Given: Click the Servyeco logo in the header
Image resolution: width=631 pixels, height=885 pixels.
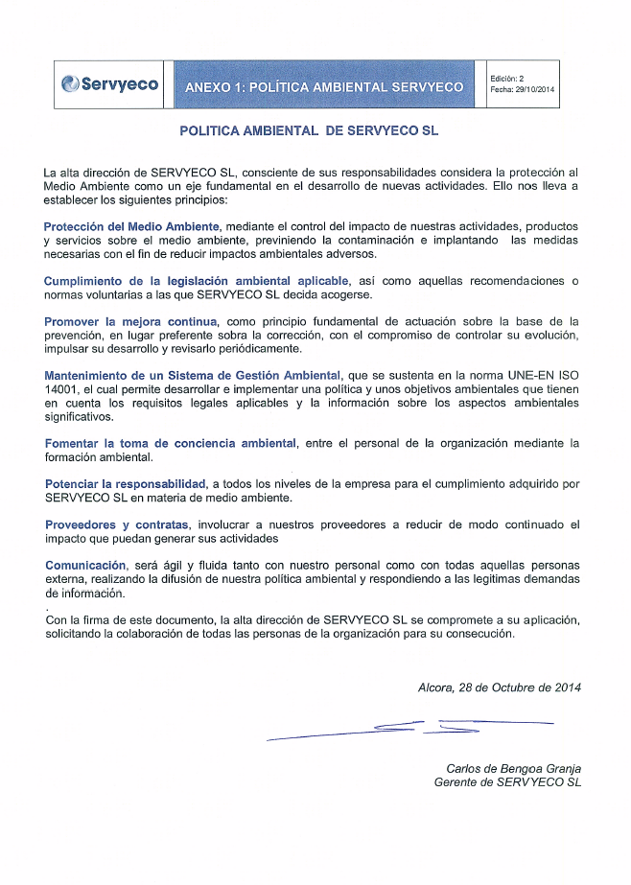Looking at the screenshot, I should [x=110, y=84].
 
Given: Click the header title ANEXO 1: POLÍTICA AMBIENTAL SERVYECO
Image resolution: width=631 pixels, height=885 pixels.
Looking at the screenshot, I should [x=324, y=86].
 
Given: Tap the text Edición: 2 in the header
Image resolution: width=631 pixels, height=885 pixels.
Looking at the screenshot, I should [x=507, y=78].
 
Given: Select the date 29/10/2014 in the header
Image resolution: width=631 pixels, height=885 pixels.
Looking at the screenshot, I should [x=536, y=89].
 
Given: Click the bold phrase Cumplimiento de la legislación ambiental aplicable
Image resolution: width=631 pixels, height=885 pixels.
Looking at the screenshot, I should [x=196, y=280].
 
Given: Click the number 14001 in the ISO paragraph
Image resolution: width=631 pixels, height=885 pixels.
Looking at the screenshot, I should [x=59, y=389].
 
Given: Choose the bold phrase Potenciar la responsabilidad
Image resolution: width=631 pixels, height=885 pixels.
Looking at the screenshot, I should [x=125, y=484].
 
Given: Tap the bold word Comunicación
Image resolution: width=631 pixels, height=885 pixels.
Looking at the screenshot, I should [x=85, y=565].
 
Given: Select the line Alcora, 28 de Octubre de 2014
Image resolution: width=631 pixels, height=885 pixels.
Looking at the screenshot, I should [x=499, y=687].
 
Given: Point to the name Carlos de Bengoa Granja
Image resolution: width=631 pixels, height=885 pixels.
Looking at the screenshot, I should [x=513, y=768].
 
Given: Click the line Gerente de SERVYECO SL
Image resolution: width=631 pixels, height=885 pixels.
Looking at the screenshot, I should [x=507, y=781].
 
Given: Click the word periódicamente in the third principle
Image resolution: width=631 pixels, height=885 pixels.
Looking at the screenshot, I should [x=259, y=349].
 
